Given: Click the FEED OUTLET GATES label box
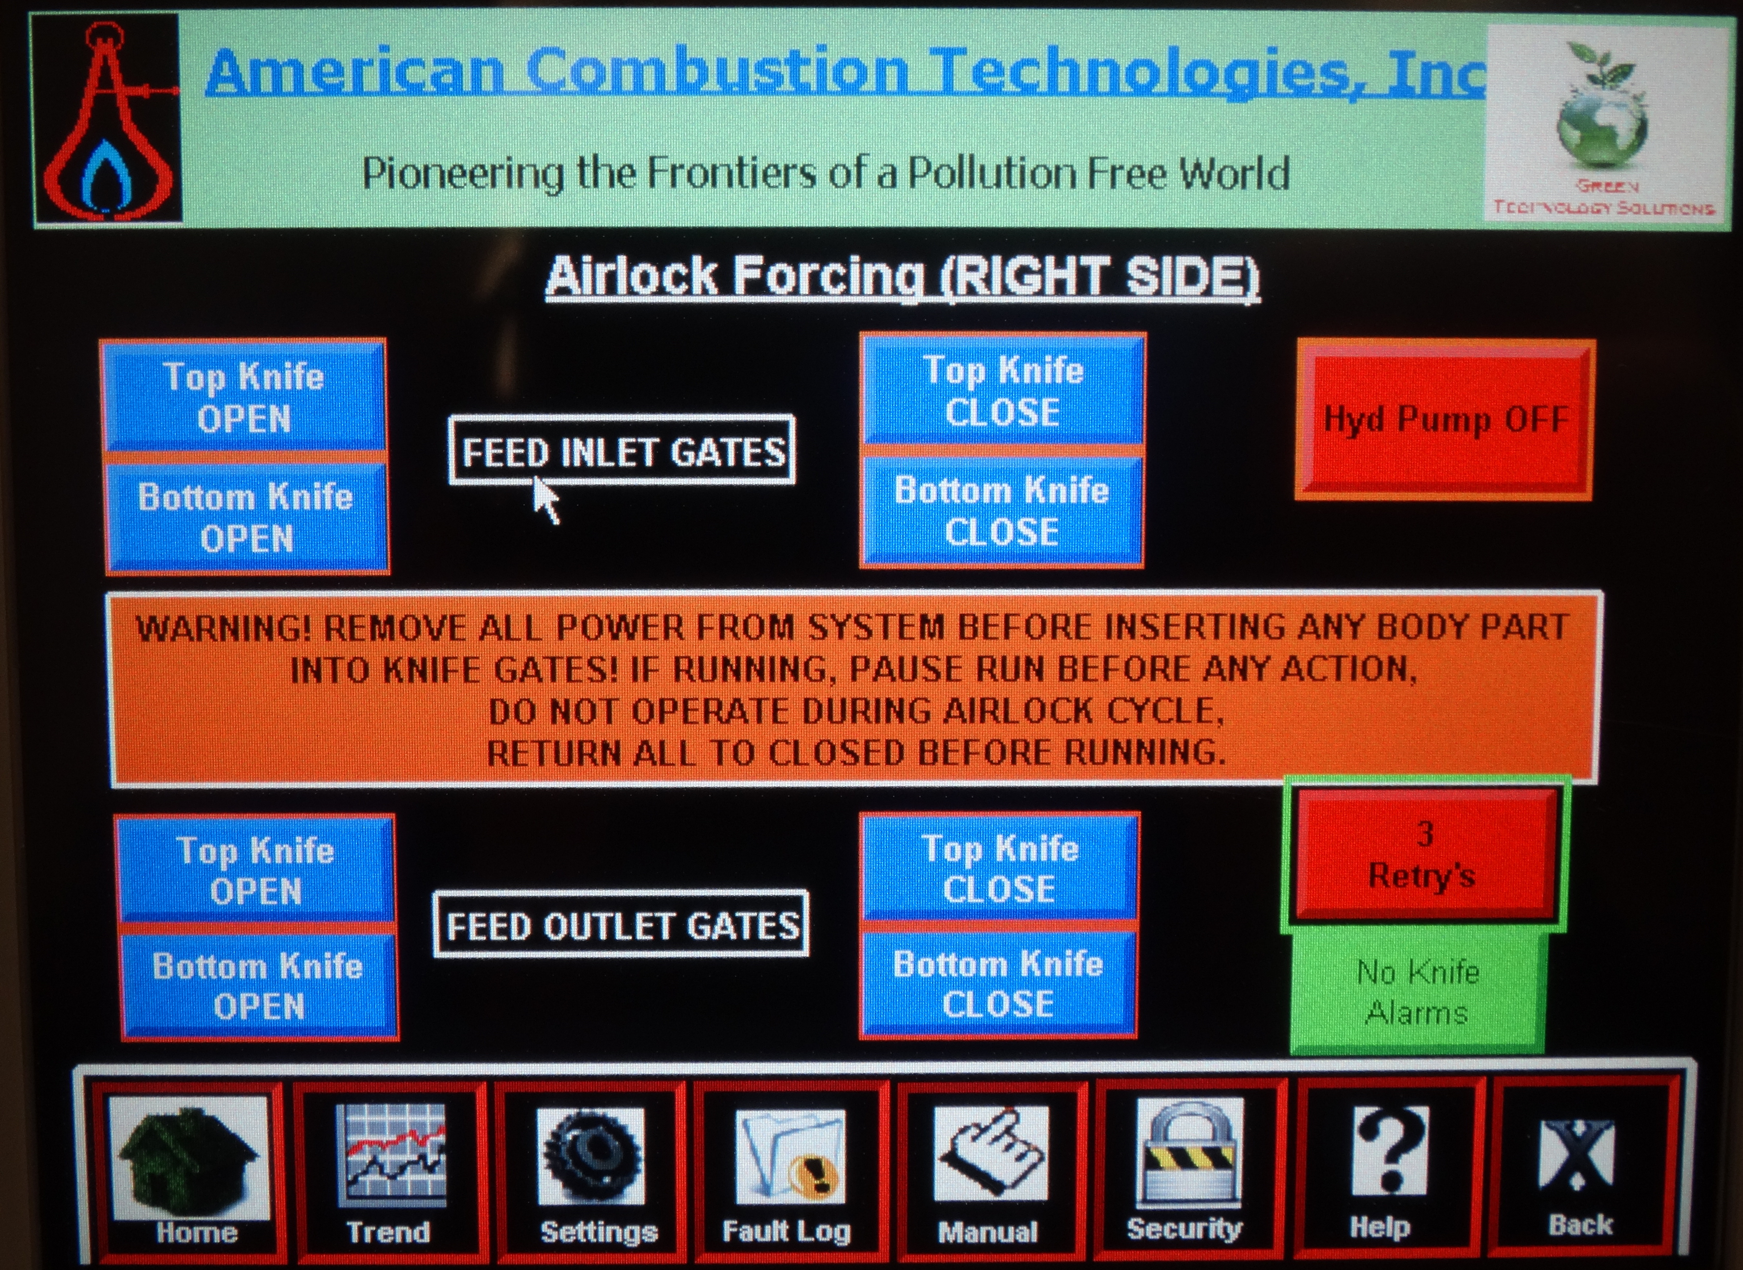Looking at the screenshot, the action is (621, 925).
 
